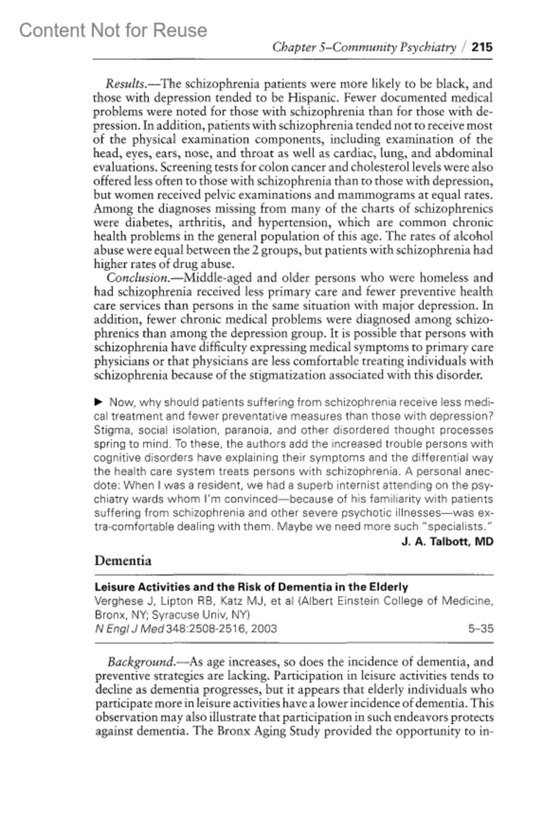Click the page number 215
tap(482, 47)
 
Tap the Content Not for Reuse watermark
tap(113, 30)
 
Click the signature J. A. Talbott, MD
tap(447, 541)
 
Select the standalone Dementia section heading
tap(123, 561)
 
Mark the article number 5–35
tap(481, 629)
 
